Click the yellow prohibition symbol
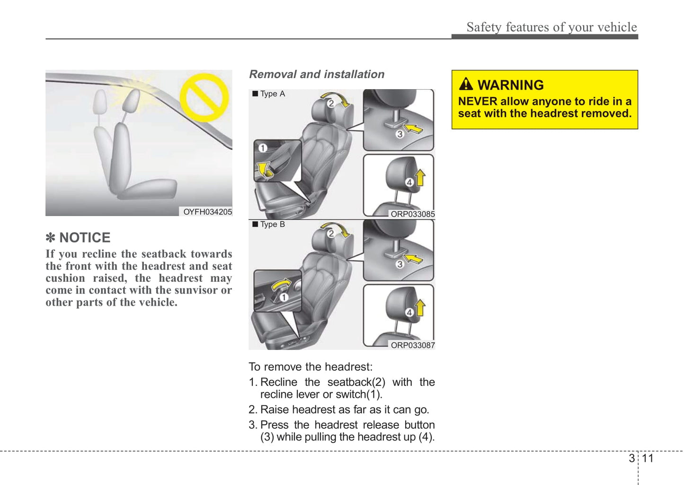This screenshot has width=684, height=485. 204,97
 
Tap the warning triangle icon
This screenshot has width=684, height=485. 466,84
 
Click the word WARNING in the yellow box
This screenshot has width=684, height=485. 510,85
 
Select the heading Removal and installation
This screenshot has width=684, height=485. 317,74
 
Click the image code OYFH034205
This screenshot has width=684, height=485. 207,212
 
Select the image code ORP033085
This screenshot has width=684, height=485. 412,214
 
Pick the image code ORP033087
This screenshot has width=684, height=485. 412,345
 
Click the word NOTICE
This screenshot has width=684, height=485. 85,237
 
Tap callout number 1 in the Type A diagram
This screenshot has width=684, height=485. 263,148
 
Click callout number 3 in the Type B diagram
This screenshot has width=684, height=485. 400,264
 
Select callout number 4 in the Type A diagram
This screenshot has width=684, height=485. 409,182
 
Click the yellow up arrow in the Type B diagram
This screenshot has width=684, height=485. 420,307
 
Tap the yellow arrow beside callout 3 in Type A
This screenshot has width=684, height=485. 413,128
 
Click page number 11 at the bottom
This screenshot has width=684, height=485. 647,458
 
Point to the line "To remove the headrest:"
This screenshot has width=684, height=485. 311,367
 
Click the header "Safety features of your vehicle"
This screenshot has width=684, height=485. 551,27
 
